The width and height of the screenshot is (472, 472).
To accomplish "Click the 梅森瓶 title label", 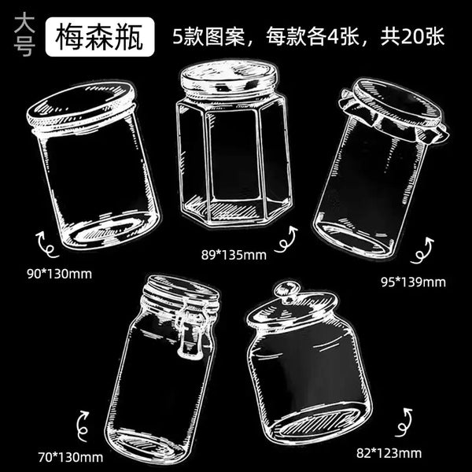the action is (x=100, y=37).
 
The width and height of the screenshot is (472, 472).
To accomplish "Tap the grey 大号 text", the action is (x=24, y=35).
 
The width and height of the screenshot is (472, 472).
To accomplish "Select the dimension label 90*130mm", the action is (x=59, y=274).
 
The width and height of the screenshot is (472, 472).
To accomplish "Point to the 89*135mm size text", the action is (x=234, y=255).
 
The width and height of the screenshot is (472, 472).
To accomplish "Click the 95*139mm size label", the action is (x=413, y=282).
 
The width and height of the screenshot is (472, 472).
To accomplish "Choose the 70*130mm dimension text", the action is (x=71, y=457).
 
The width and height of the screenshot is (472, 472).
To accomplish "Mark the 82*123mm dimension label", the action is (x=389, y=453).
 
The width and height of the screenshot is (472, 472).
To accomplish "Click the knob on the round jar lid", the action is (x=286, y=291).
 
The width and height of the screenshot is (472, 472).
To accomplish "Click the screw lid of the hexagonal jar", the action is (x=228, y=76).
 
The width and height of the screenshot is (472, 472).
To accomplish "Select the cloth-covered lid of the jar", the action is (x=393, y=111).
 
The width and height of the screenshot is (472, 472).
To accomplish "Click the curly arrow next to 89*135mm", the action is (x=286, y=240).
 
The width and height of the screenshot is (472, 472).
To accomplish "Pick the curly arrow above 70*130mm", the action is (x=81, y=425).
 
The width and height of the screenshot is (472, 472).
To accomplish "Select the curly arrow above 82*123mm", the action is (x=403, y=422).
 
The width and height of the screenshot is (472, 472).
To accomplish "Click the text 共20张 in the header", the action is (x=412, y=37).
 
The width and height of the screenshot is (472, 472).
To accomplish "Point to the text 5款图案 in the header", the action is (x=209, y=37).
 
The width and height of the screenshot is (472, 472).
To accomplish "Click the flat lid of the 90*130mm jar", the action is (x=81, y=105).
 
